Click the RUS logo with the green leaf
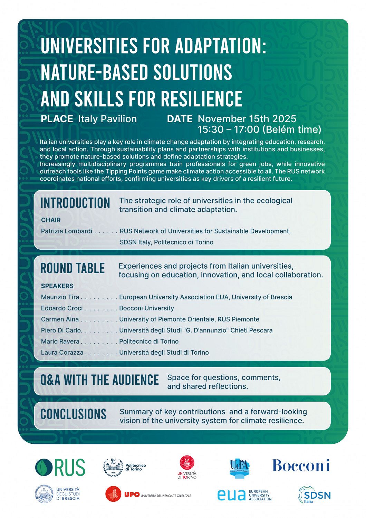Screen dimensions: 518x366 [x=60, y=468]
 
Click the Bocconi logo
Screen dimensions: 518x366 [x=301, y=466]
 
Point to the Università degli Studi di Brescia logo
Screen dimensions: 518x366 [x=58, y=494]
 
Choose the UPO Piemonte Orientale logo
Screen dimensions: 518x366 [x=148, y=495]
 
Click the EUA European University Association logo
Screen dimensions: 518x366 [x=244, y=495]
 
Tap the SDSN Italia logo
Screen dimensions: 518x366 [x=314, y=495]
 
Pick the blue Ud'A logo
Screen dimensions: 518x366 [x=239, y=468]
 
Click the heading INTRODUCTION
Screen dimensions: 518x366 [x=75, y=203]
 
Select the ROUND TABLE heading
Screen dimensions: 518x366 [x=73, y=268]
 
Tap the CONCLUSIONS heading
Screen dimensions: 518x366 [x=73, y=414]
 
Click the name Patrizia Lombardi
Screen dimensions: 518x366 [x=67, y=231]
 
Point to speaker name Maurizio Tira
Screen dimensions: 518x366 [x=60, y=297]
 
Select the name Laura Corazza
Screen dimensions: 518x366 [x=62, y=352]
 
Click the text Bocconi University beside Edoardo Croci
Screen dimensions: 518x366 [x=146, y=308]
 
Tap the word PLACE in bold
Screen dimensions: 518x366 [x=57, y=119]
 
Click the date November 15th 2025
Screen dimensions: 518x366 [x=247, y=119]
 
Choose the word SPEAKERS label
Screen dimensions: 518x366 [x=57, y=286]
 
